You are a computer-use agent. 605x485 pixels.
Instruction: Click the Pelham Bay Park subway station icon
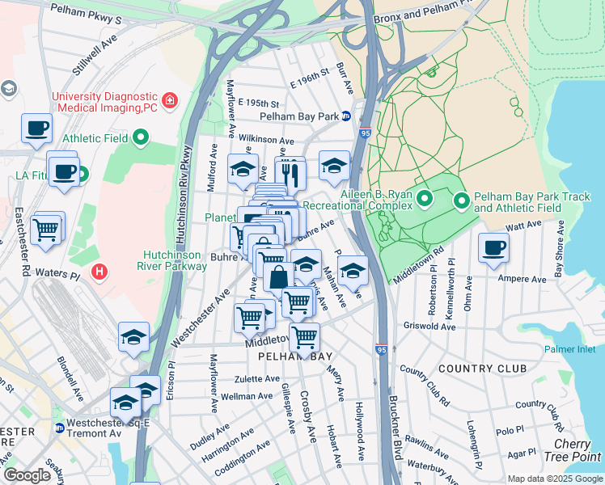tap(345, 116)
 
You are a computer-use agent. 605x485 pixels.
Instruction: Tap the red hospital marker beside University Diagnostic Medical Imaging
tap(170, 101)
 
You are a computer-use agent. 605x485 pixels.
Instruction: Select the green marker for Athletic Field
tap(141, 138)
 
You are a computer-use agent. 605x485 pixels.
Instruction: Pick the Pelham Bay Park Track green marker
tap(462, 199)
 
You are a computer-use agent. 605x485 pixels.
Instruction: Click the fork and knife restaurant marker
tap(290, 172)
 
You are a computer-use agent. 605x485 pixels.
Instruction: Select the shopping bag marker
tap(278, 277)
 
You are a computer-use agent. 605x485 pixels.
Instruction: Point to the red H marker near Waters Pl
tap(99, 271)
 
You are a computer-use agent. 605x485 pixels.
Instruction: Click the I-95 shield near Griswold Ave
tap(381, 350)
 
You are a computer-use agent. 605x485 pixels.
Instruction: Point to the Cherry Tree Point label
tap(577, 451)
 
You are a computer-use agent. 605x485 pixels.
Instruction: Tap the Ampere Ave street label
tap(525, 280)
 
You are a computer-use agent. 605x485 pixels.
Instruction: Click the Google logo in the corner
tap(27, 475)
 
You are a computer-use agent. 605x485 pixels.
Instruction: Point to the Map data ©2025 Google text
tap(554, 479)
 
